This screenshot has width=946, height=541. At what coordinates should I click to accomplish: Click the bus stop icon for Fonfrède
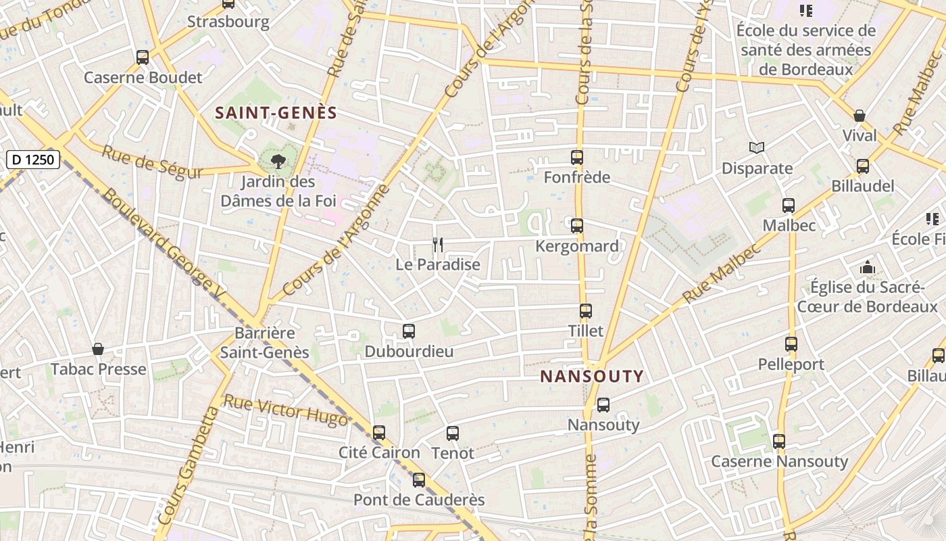(x=577, y=158)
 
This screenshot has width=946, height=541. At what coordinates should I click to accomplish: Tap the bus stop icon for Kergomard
(x=577, y=226)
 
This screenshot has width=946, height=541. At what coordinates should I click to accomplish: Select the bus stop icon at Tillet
(x=586, y=311)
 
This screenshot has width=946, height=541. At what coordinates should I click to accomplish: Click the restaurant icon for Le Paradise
(x=438, y=245)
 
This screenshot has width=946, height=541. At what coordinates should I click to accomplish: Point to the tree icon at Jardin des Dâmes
(x=278, y=161)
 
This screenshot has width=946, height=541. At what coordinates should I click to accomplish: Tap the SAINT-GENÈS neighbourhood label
(x=276, y=113)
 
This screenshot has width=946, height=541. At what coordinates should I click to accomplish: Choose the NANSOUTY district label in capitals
(x=592, y=377)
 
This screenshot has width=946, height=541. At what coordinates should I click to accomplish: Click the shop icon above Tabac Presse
(x=98, y=349)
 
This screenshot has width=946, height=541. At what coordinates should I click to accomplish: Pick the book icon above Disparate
(x=757, y=147)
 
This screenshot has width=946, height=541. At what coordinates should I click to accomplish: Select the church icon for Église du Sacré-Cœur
(x=868, y=267)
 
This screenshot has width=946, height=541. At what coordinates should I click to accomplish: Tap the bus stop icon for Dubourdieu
(x=409, y=331)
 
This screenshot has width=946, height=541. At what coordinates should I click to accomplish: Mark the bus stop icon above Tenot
(x=453, y=433)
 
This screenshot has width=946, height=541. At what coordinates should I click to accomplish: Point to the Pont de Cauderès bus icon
(x=419, y=480)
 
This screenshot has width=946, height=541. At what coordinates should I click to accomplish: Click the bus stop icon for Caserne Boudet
(x=143, y=57)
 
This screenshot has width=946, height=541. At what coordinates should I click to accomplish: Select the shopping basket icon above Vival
(x=860, y=116)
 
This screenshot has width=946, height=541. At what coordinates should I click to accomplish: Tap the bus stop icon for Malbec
(x=789, y=206)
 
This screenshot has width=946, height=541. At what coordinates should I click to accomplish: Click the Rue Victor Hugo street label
(x=285, y=411)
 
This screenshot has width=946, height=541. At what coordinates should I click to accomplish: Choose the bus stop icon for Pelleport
(x=791, y=344)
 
